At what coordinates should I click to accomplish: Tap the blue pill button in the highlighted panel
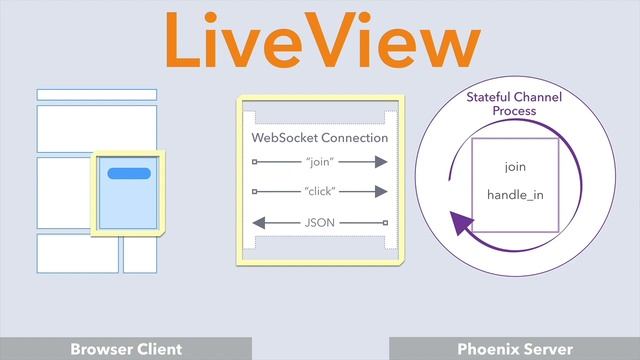point(129,173)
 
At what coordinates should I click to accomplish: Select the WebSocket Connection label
point(319,137)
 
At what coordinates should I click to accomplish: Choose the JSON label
point(320,221)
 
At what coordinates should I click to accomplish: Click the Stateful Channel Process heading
point(514,104)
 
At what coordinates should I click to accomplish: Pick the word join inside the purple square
point(514,166)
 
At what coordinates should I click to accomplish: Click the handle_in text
point(514,194)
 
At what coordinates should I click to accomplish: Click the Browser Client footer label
point(126,349)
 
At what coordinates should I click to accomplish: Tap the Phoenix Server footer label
point(514,349)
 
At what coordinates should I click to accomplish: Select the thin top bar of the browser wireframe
point(97,95)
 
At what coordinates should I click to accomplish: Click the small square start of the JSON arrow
point(384,221)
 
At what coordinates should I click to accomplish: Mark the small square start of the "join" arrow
point(255,162)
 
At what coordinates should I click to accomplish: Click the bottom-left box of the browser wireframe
point(77,253)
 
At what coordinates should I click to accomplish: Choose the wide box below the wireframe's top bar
point(97,127)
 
